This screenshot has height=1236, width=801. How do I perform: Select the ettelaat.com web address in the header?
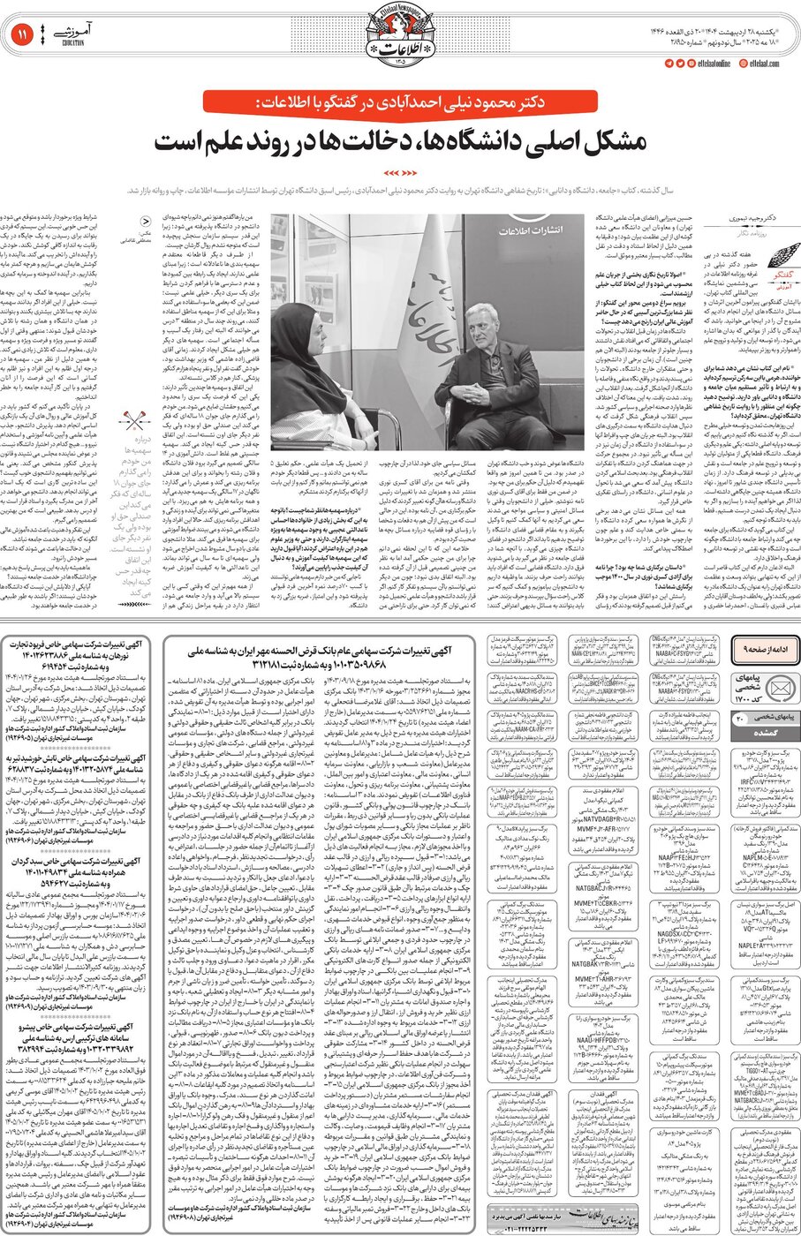pos(764,64)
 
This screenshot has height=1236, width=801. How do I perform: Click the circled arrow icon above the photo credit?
pos(147,223)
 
